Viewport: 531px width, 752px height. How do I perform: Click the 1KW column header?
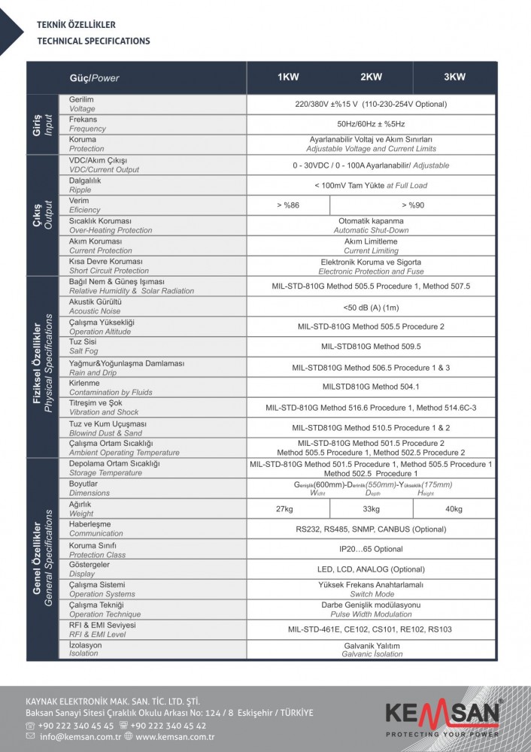click(x=288, y=77)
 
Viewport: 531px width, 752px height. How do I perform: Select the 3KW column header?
click(x=454, y=77)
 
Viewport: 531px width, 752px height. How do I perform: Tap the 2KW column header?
click(x=371, y=77)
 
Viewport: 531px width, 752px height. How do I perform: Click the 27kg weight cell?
click(x=284, y=509)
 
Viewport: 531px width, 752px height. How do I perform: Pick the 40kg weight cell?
click(x=454, y=509)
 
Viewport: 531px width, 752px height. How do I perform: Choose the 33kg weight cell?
click(x=372, y=509)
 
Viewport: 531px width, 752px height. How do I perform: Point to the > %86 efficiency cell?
click(x=287, y=205)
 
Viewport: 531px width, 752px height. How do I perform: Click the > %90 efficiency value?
click(x=413, y=205)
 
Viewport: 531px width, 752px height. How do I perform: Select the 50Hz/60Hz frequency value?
click(x=371, y=123)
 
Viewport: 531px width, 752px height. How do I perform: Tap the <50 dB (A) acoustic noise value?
click(x=371, y=307)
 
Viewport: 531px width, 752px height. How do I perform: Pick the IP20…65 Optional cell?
click(x=371, y=549)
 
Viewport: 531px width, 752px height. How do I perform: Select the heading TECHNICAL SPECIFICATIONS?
click(x=93, y=41)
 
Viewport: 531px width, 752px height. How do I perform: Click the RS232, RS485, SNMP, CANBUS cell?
click(x=371, y=529)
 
